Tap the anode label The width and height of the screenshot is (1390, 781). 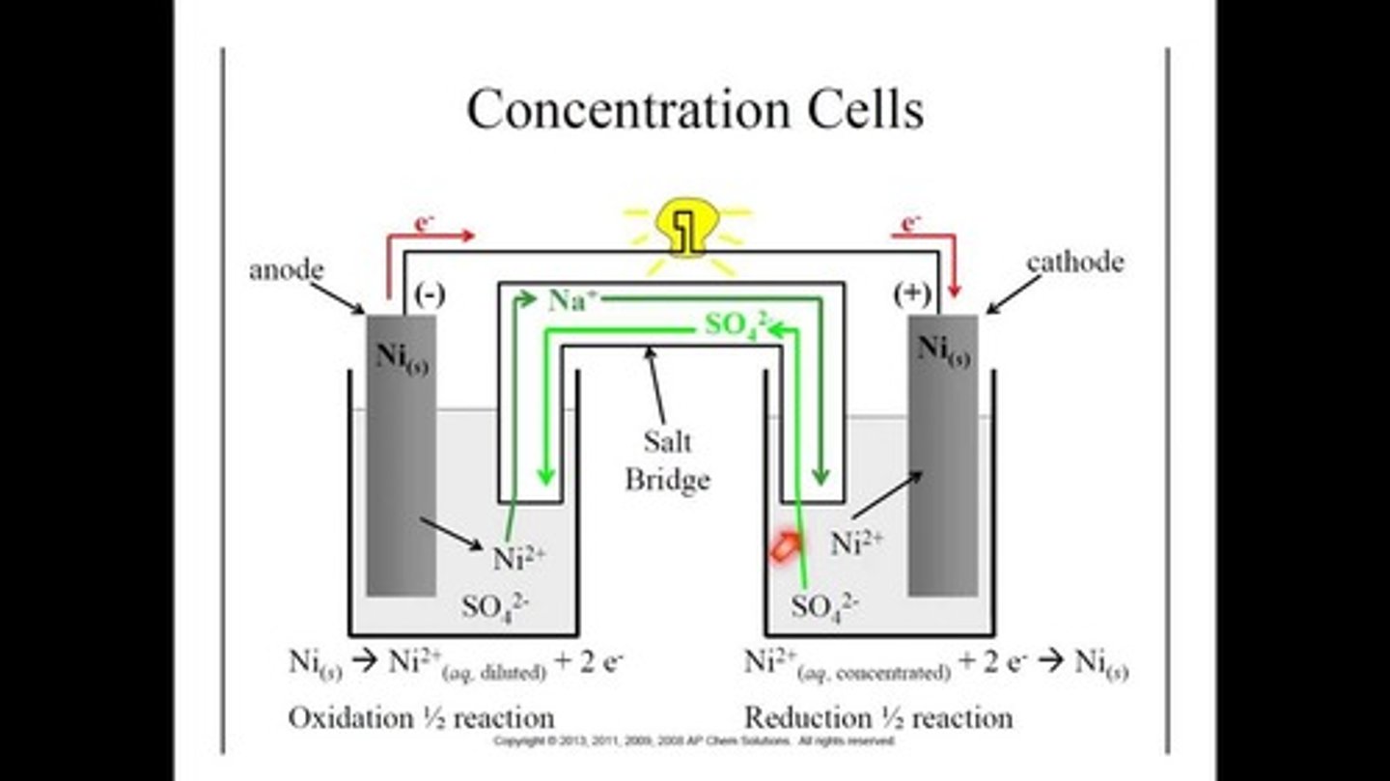point(286,270)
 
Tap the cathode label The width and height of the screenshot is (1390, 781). point(1074,263)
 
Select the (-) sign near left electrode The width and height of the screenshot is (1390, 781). point(429,295)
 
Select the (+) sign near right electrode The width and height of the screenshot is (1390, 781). point(912,295)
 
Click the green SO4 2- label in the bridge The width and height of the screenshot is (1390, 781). point(737,324)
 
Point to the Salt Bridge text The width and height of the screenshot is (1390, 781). point(667,460)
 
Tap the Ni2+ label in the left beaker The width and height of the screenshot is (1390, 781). point(519,559)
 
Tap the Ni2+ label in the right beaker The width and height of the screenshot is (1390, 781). point(857,544)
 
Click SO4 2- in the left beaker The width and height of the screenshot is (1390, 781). point(496,606)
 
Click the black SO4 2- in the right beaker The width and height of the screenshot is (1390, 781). point(825,606)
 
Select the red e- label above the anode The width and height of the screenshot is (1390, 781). point(423,224)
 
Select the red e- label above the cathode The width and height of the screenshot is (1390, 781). point(909,224)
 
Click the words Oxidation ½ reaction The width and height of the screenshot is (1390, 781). point(421,718)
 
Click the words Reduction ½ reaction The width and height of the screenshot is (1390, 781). point(878,718)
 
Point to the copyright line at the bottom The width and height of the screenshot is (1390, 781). point(694,741)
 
